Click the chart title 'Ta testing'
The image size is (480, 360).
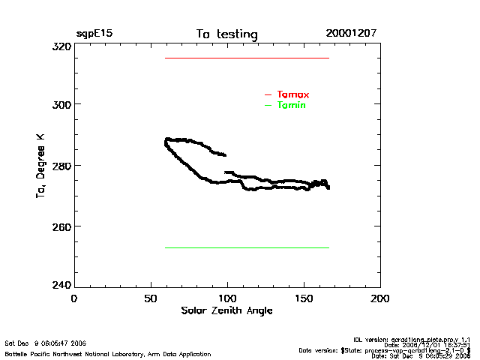click(x=226, y=34)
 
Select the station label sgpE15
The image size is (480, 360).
click(x=94, y=34)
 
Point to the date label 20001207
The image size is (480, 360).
click(x=351, y=34)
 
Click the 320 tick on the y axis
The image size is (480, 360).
click(x=61, y=46)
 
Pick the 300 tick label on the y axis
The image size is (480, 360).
click(x=61, y=104)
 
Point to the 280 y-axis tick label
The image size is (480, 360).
click(x=61, y=165)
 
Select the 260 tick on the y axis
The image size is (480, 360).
click(x=61, y=226)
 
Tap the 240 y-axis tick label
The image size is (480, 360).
click(x=61, y=285)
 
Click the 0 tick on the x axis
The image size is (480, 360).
click(x=73, y=298)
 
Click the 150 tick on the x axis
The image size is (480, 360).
click(x=303, y=298)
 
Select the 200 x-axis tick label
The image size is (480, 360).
click(x=380, y=298)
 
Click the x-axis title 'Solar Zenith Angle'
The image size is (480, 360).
click(x=226, y=310)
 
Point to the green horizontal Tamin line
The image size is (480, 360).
click(x=247, y=247)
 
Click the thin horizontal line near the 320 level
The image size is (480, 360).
click(x=247, y=58)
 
